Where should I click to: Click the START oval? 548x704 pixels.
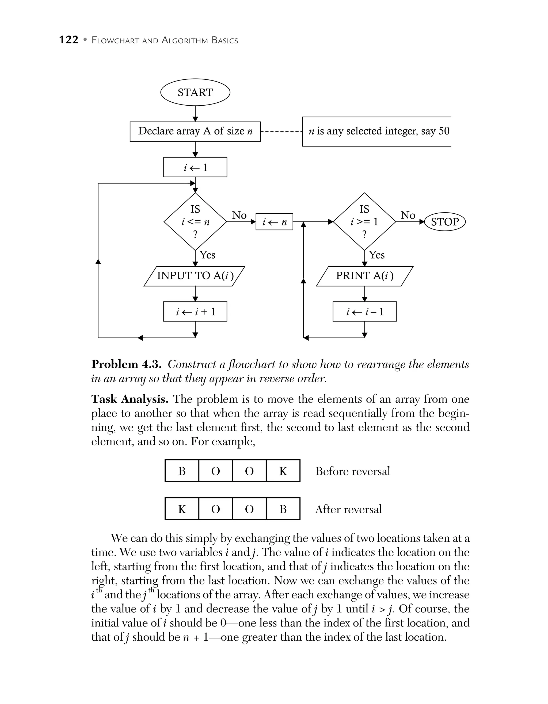pyautogui.click(x=195, y=92)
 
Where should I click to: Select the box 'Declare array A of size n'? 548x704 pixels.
pyautogui.click(x=195, y=131)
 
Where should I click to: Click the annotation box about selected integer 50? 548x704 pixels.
pyautogui.click(x=376, y=131)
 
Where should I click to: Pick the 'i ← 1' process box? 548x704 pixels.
pyautogui.click(x=195, y=167)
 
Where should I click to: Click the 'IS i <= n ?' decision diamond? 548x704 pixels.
pyautogui.click(x=195, y=221)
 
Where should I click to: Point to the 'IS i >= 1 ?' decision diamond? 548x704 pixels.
pyautogui.click(x=364, y=221)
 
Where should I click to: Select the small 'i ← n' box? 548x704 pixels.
pyautogui.click(x=274, y=222)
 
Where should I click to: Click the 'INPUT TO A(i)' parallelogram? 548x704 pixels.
pyautogui.click(x=195, y=276)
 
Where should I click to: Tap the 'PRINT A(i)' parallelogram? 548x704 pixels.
pyautogui.click(x=364, y=276)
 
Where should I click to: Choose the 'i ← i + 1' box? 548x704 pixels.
pyautogui.click(x=195, y=311)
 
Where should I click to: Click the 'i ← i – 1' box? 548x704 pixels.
pyautogui.click(x=364, y=311)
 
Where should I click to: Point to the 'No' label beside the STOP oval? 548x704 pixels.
pyautogui.click(x=408, y=215)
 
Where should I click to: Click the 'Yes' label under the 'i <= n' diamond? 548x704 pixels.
pyautogui.click(x=207, y=255)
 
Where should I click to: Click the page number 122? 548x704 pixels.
pyautogui.click(x=69, y=40)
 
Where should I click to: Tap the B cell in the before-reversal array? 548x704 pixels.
pyautogui.click(x=182, y=471)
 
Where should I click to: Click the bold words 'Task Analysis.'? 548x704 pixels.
pyautogui.click(x=130, y=399)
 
